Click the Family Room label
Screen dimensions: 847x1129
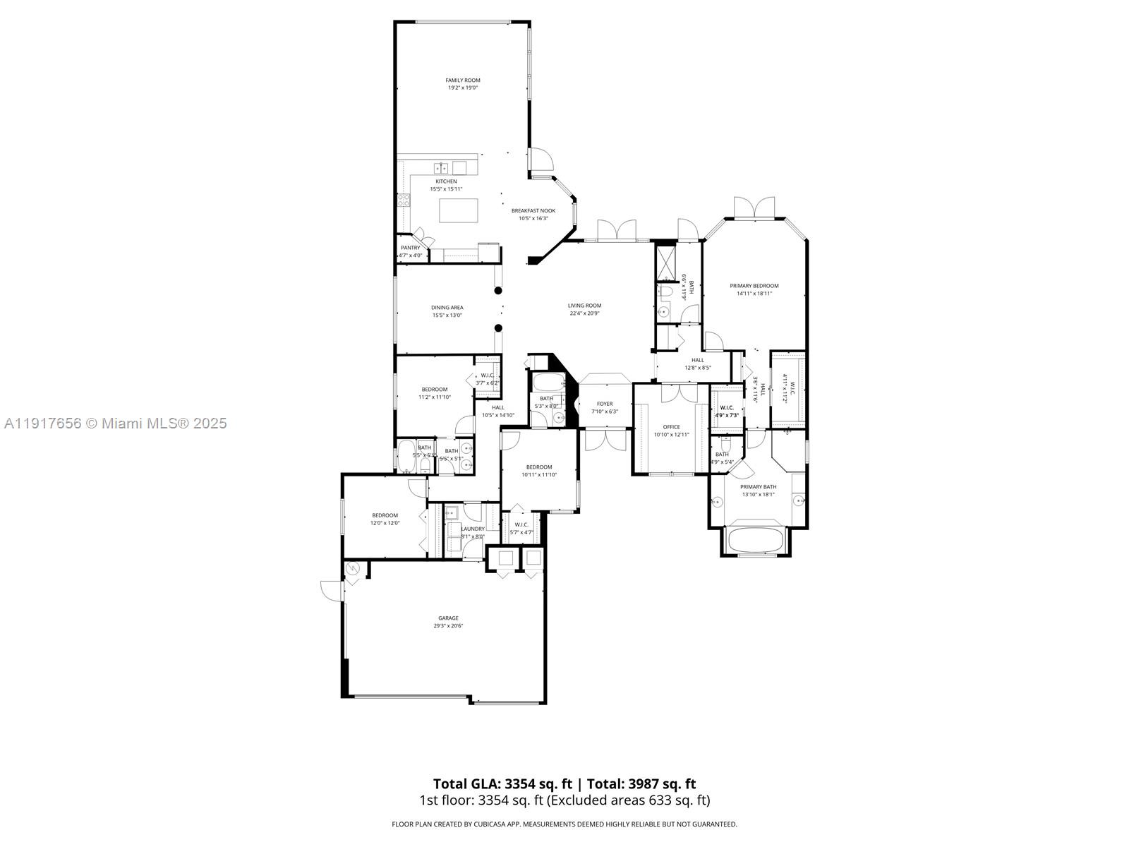click(x=462, y=80)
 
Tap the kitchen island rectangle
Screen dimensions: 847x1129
click(x=459, y=210)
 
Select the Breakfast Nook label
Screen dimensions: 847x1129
click(x=533, y=210)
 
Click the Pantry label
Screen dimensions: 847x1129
click(x=410, y=248)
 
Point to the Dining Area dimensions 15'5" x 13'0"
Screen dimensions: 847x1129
click(x=447, y=316)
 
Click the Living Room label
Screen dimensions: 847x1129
click(x=584, y=306)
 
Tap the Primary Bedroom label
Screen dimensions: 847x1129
click(x=754, y=286)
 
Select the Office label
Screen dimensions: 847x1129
click(x=671, y=427)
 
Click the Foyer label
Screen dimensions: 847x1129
click(x=605, y=404)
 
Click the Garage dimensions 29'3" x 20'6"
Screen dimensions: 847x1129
click(x=448, y=626)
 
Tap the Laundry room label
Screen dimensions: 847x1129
click(x=472, y=529)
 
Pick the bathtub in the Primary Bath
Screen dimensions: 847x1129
click(x=755, y=540)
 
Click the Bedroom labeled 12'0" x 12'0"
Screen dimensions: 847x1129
click(x=385, y=515)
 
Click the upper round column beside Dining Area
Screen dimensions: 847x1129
click(x=498, y=290)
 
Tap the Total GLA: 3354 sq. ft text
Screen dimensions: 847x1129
click(x=502, y=783)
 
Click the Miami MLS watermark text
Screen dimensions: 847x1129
click(x=115, y=423)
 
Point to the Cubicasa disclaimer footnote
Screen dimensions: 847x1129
click(x=564, y=824)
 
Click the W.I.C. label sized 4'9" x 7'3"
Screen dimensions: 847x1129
click(x=727, y=408)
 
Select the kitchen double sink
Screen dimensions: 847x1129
click(x=441, y=168)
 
